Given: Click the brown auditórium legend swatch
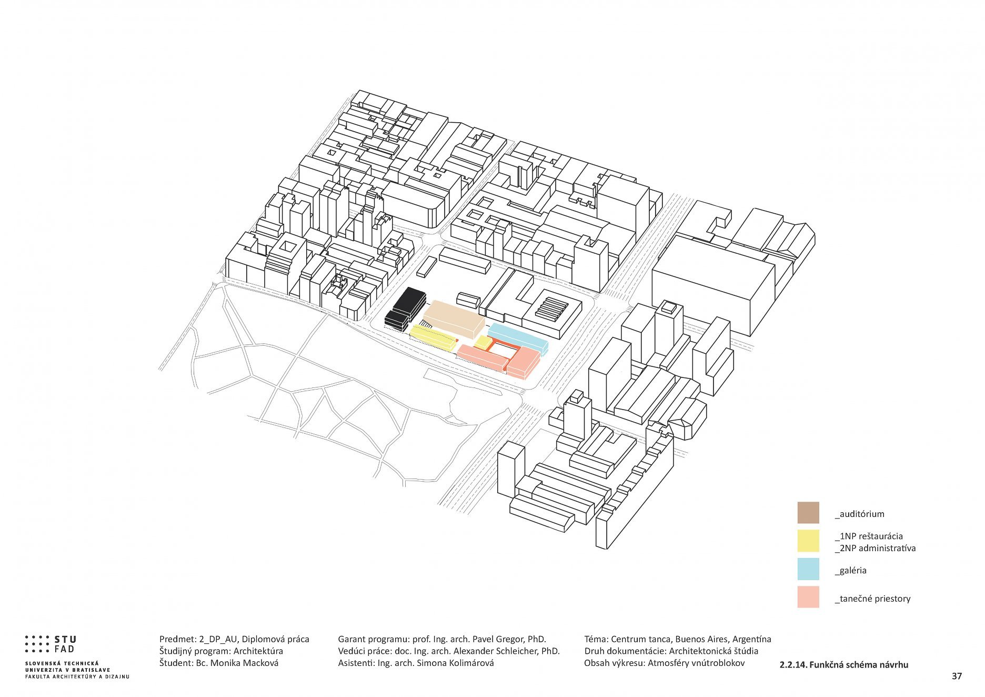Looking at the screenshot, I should (808, 512).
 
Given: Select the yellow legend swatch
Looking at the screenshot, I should (808, 541).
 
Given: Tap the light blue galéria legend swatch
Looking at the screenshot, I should (808, 569).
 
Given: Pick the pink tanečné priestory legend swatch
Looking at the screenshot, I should (808, 597).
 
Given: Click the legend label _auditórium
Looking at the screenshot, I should (859, 514).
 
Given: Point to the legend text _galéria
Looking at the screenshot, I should (850, 570).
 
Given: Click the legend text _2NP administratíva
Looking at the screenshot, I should (875, 548).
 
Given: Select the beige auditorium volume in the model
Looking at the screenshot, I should (454, 318).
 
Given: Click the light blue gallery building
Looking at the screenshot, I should (518, 338).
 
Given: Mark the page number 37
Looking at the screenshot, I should (957, 676).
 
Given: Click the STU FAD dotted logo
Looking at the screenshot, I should (51, 644).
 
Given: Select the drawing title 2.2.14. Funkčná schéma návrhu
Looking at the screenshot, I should (843, 665).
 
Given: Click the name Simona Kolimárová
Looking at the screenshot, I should (455, 663).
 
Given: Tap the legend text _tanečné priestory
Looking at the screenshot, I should (872, 599).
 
